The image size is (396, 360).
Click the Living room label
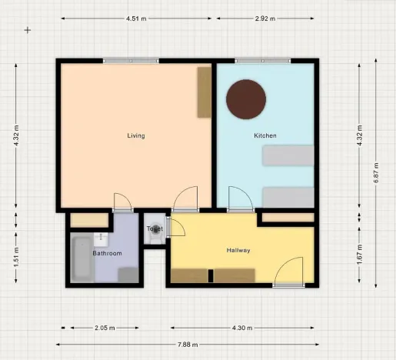136,136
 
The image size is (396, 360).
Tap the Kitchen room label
265,136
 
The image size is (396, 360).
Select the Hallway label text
239,251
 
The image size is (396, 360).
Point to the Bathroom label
107,253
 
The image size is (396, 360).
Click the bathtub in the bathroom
82,259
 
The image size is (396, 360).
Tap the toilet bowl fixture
155,229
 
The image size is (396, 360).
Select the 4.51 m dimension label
138,18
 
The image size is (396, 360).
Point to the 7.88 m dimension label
188,344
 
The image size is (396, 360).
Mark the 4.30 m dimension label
243,328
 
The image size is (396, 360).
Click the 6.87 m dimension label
375,170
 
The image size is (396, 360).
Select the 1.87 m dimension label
359,252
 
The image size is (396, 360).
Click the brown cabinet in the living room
204,92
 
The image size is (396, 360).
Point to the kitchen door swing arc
238,198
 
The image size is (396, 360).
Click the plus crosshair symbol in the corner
28,30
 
